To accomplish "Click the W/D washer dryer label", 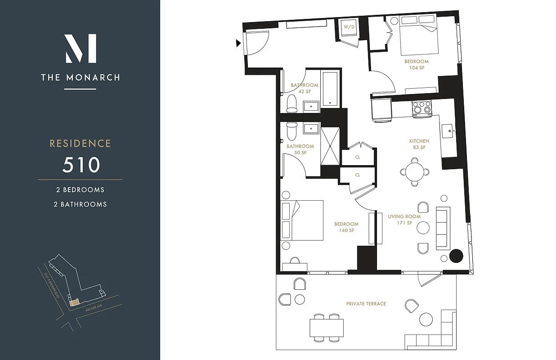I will tap(349, 27).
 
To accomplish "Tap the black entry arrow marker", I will tap(238, 43).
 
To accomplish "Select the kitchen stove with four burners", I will tap(422, 108).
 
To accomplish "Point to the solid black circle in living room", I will tap(456, 256).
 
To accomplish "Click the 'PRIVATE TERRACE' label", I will tap(366, 304).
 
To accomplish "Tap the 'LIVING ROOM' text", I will tap(404, 216).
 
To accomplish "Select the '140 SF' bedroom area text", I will tap(346, 230).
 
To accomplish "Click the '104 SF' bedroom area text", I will tap(417, 68).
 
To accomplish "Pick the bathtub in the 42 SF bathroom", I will tap(331, 89).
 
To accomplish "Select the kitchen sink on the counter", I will tap(448, 131).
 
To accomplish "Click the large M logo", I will tap(81, 49).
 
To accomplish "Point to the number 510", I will tap(81, 165).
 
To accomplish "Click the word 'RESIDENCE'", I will tap(80, 144).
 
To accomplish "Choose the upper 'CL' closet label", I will tap(358, 157).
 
